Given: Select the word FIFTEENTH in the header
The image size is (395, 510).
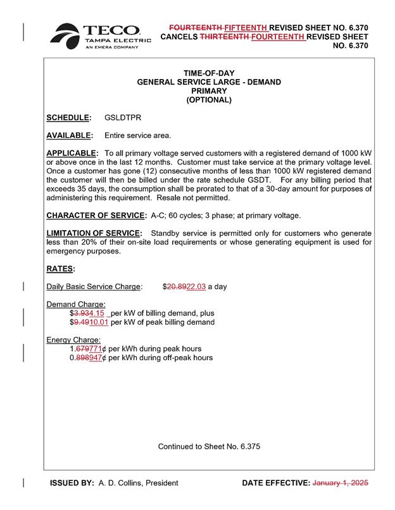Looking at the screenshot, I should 246,28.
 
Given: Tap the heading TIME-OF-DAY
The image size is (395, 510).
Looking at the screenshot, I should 208,73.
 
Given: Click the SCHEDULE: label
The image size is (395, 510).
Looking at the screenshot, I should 69,118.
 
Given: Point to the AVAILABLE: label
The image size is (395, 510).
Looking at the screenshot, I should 70,135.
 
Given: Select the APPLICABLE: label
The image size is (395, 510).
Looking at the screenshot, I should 72,154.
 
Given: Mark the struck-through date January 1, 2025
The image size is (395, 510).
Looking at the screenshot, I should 341,483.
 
